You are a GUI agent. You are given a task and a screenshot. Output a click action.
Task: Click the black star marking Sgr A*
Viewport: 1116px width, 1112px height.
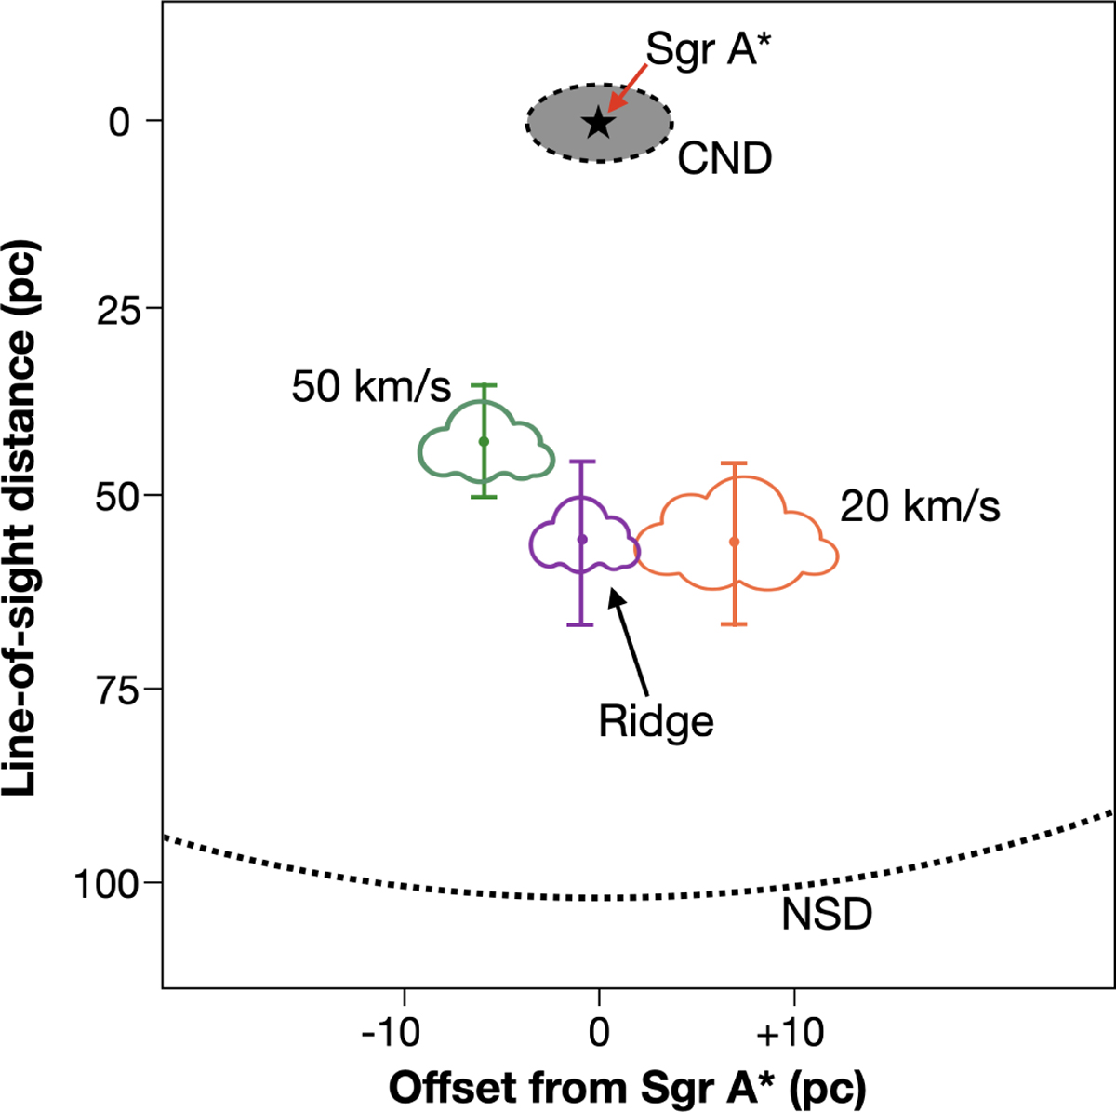pos(598,122)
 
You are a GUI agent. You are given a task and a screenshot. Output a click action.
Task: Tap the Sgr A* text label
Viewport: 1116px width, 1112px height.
pos(710,49)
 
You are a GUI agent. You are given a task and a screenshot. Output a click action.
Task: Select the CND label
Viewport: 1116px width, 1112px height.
pos(724,159)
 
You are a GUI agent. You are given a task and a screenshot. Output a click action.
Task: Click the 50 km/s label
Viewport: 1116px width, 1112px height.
pos(371,386)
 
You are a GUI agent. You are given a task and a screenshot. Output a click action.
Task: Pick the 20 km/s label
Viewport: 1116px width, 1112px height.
pos(920,507)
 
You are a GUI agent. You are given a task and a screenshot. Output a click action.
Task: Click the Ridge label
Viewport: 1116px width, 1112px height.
pos(656,721)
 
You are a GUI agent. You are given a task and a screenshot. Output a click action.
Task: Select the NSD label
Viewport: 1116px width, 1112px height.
pos(827,915)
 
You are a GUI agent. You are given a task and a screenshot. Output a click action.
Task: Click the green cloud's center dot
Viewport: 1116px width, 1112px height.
pos(484,441)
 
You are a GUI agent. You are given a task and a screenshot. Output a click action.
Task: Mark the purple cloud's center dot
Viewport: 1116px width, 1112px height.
pos(582,539)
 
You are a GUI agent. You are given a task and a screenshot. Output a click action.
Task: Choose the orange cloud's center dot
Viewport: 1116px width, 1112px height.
pos(735,542)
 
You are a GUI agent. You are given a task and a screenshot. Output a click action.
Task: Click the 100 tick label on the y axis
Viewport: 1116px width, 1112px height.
pos(105,884)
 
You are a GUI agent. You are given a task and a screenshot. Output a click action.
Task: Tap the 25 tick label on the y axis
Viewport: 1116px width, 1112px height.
pos(119,309)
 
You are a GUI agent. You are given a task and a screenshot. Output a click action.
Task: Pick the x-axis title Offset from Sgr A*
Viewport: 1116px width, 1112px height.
pos(627,1087)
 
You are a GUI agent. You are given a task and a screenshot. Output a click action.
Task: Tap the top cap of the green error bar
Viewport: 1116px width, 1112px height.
pos(484,384)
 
